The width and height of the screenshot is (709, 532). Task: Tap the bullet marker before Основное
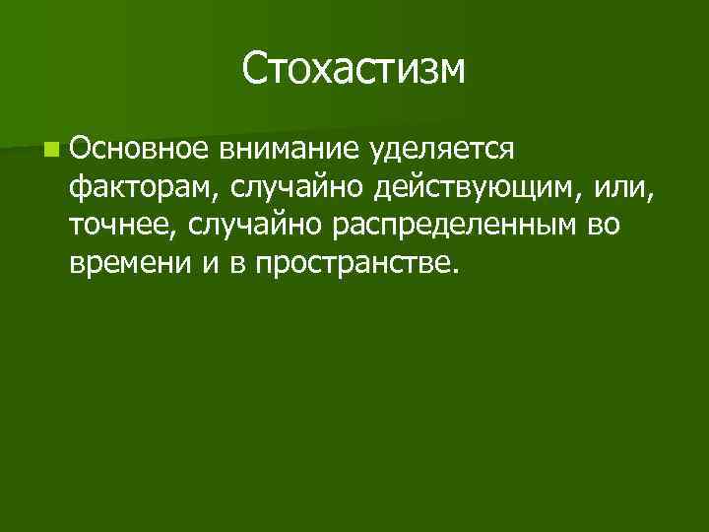(x=49, y=151)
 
